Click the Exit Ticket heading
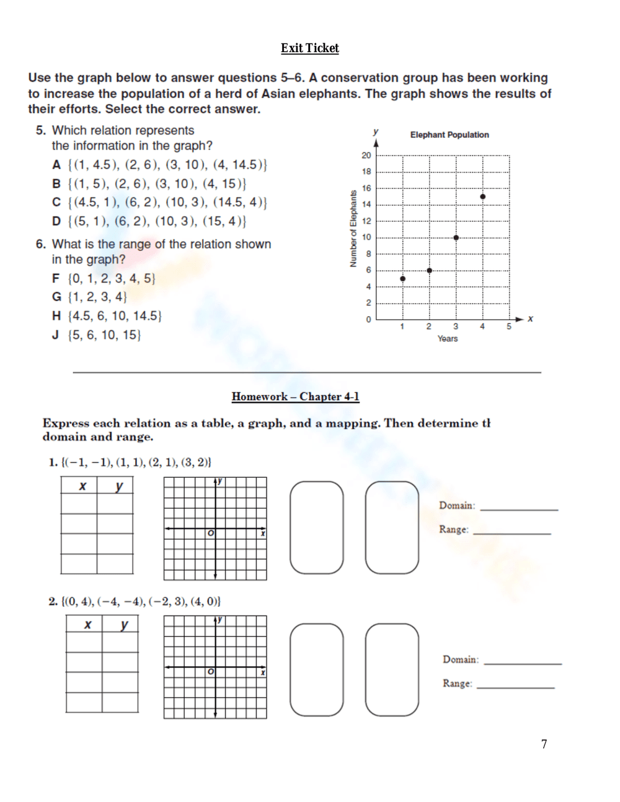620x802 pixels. click(309, 48)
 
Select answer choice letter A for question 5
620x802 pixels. click(56, 165)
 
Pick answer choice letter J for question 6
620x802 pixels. click(56, 335)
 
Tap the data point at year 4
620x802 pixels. click(483, 196)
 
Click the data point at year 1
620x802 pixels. click(403, 279)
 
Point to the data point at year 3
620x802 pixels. click(456, 237)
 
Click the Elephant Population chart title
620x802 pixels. click(449, 134)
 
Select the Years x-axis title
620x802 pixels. click(448, 338)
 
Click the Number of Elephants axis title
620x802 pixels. click(353, 229)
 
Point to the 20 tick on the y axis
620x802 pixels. click(366, 156)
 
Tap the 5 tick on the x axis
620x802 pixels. click(509, 327)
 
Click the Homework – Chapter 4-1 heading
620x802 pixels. click(295, 397)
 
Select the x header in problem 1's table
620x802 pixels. click(82, 487)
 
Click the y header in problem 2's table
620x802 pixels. click(125, 625)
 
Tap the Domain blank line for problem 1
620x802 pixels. click(519, 507)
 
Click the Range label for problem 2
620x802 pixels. click(457, 683)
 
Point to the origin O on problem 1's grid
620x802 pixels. click(211, 533)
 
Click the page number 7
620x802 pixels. click(544, 744)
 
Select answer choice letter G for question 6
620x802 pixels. click(56, 297)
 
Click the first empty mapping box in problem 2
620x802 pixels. click(317, 669)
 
